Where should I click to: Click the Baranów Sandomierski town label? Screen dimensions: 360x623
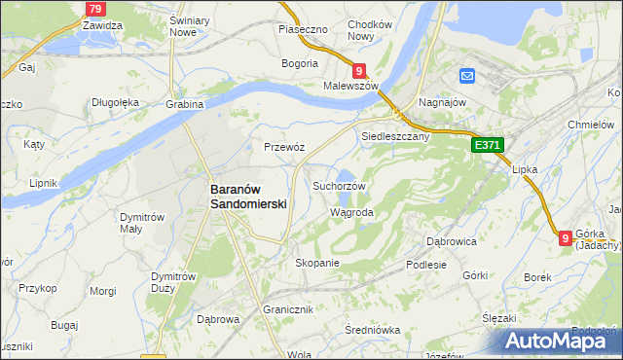pos(249,197)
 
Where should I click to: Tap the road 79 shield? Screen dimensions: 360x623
pos(94,9)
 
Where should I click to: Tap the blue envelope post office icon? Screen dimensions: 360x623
pos(466,76)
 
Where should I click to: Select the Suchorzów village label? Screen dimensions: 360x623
pos(339,186)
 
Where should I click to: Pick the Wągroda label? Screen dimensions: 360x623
pos(351,211)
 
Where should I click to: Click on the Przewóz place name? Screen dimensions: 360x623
pos(284,147)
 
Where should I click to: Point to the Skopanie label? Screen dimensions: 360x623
pos(316,263)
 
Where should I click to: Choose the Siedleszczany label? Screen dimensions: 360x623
pos(395,137)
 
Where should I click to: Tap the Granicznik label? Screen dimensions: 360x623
pos(287,309)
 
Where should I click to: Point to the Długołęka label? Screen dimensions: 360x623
pos(116,101)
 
